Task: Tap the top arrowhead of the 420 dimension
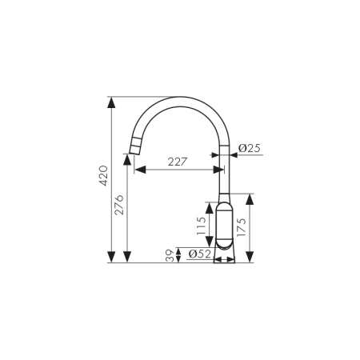pos(111,102)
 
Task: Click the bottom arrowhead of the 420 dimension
pos(111,258)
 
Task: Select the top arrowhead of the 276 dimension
pos(127,158)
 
